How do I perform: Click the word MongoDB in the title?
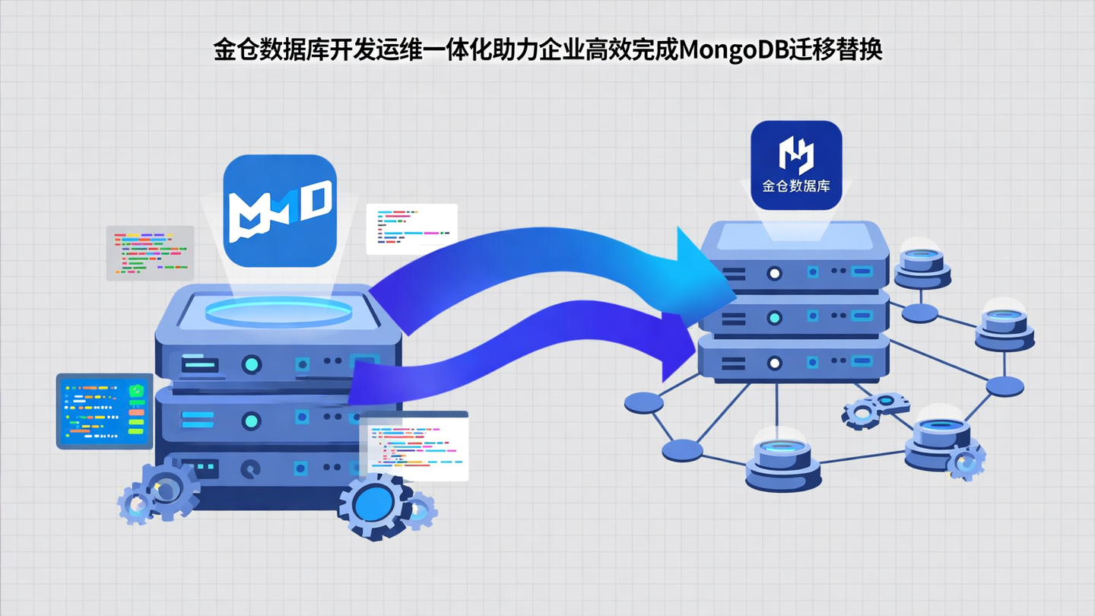tap(730, 50)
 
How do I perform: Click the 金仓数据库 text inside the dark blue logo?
tap(796, 185)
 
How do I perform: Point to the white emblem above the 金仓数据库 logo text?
tap(796, 154)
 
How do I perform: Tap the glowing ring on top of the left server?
tap(281, 312)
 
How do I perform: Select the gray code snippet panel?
tap(150, 252)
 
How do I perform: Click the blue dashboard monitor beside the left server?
tap(104, 411)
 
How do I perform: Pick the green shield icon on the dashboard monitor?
tap(136, 391)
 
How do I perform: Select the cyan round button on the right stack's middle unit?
tap(774, 317)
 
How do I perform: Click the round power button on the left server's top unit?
tap(251, 364)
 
